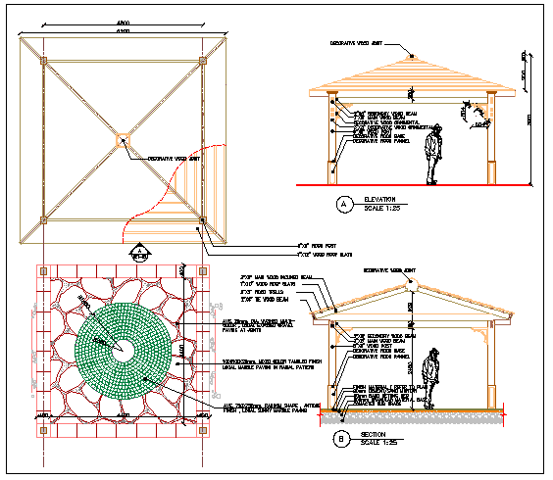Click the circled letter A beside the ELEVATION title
pyautogui.click(x=343, y=205)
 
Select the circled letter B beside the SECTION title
pyautogui.click(x=341, y=440)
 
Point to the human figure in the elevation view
pyautogui.click(x=432, y=156)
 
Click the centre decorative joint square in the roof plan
pyautogui.click(x=123, y=139)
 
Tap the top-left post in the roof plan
pyautogui.click(x=44, y=61)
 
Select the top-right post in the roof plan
pyautogui.click(x=202, y=61)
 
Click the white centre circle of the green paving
pyautogui.click(x=123, y=349)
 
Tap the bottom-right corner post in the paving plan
pyautogui.click(x=203, y=429)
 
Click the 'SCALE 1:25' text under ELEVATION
pyautogui.click(x=382, y=208)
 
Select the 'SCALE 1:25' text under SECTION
pyautogui.click(x=377, y=443)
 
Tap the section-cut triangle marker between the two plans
pyautogui.click(x=140, y=254)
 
